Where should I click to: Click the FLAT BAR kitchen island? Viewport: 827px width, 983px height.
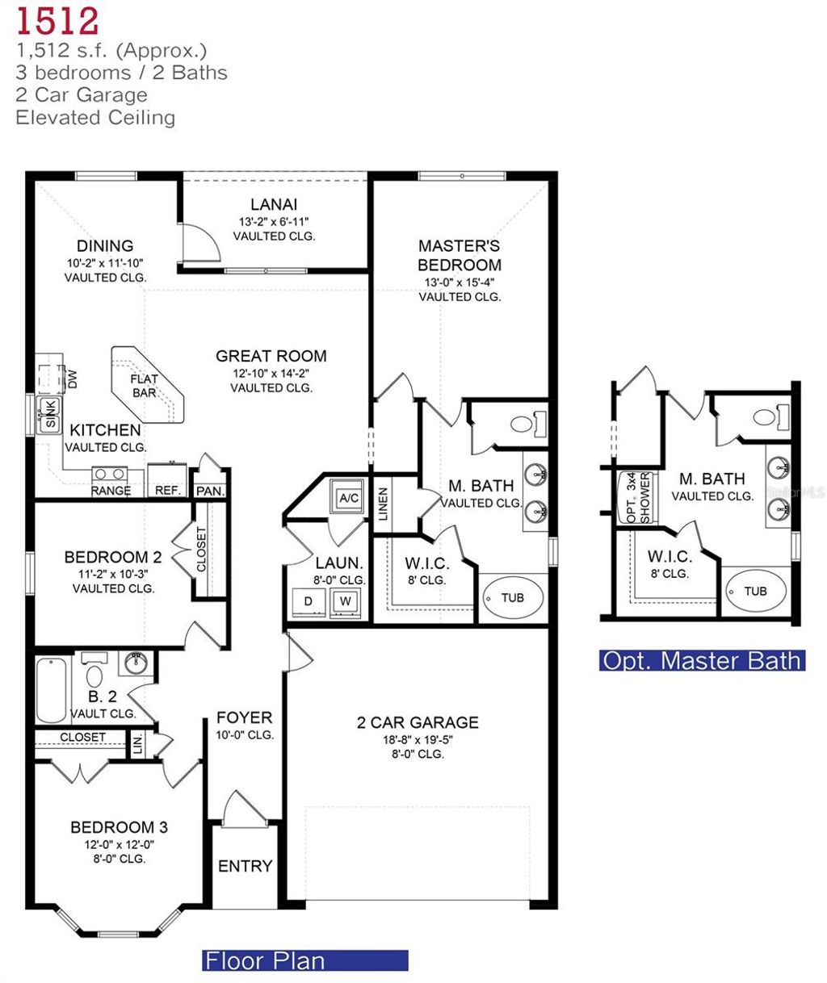point(146,386)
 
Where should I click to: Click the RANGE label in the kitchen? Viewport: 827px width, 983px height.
point(111,490)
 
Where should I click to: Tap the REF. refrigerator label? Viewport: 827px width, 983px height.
point(167,490)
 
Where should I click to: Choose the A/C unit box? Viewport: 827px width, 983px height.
point(349,498)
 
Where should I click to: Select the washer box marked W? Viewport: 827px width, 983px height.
point(346,600)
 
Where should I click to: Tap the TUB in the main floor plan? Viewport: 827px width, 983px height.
point(513,597)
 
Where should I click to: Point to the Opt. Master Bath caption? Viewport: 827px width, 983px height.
point(702,660)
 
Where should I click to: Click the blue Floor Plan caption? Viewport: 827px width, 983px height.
point(304,960)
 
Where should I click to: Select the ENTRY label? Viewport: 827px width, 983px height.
point(246,866)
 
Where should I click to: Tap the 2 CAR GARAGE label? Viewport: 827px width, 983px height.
point(418,722)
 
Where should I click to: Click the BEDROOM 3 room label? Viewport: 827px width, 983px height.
point(118,827)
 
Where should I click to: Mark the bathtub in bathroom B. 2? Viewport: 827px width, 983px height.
point(52,691)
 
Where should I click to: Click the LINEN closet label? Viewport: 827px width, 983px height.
point(384,503)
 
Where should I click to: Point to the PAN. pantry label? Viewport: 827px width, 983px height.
point(210,491)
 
